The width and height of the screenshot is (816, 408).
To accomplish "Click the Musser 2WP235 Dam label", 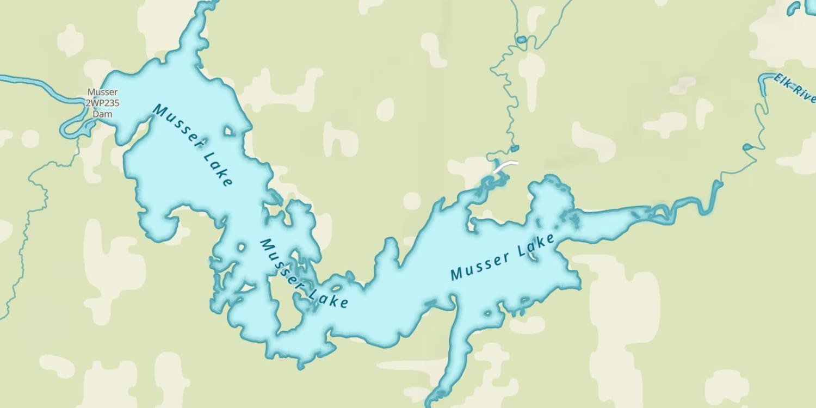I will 102,103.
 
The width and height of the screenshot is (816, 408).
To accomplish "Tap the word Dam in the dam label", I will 102,114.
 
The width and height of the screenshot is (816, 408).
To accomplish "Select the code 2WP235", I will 102,103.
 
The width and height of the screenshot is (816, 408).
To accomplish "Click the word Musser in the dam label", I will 102,92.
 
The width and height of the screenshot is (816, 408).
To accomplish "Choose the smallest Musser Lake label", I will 302,273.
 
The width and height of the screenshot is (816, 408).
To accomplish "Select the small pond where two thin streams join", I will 521,40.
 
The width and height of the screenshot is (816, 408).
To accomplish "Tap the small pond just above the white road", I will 515,149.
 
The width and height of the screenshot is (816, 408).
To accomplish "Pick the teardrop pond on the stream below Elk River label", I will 749,146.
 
